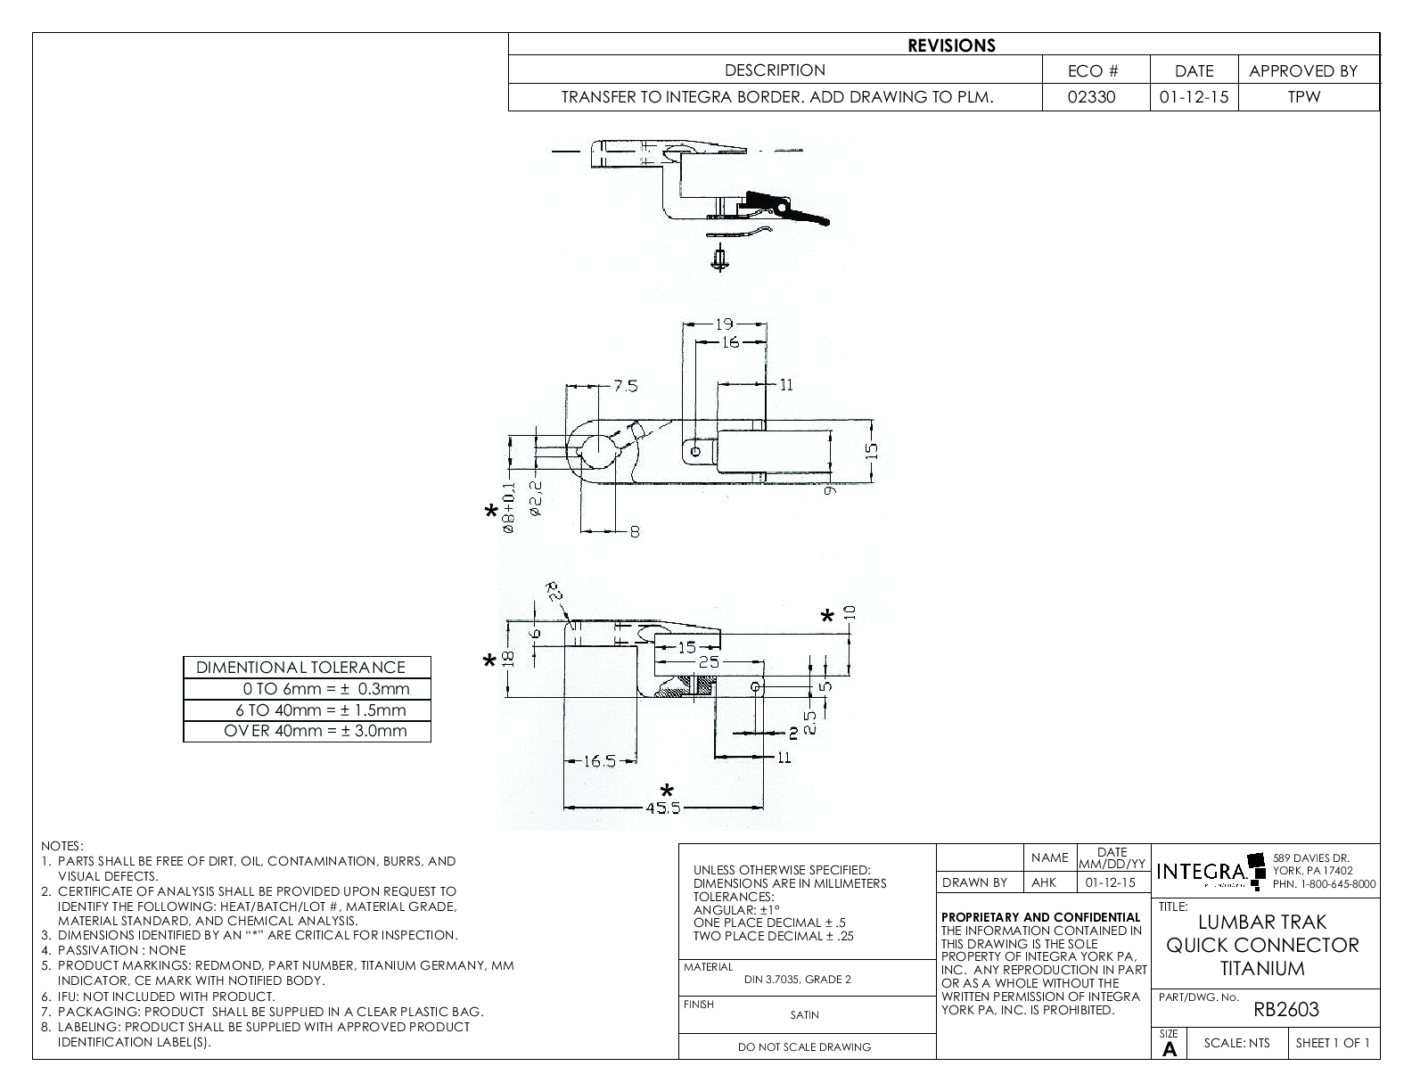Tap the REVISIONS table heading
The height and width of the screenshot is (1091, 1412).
tap(951, 45)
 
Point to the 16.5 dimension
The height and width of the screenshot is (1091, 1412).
tap(600, 761)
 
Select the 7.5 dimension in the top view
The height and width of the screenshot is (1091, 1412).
tap(625, 386)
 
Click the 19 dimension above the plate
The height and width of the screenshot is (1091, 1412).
tap(724, 324)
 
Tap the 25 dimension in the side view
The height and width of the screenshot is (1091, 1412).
tap(708, 662)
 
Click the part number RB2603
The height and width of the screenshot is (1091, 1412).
tap(1285, 1010)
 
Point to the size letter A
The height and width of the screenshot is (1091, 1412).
tap(1169, 1049)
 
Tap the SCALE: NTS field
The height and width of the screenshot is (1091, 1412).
tap(1236, 1044)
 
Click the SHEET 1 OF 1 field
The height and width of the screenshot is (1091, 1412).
tap(1332, 1044)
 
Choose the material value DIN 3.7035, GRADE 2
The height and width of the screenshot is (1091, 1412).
tap(797, 980)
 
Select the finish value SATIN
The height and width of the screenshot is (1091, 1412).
tap(804, 1014)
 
